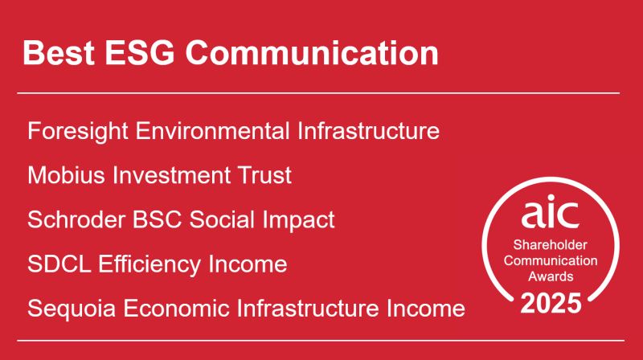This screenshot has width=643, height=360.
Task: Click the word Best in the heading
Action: pyautogui.click(x=59, y=53)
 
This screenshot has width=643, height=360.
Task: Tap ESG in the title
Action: pyautogui.click(x=140, y=53)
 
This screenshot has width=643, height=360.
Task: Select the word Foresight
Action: pyautogui.click(x=78, y=132)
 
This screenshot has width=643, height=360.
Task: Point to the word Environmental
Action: pyautogui.click(x=212, y=131)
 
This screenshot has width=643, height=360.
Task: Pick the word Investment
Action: pyautogui.click(x=171, y=175)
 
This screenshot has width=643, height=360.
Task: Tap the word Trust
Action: pyautogui.click(x=265, y=175)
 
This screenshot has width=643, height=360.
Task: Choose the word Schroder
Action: pyautogui.click(x=76, y=219)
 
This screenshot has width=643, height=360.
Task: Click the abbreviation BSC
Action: pyautogui.click(x=157, y=219)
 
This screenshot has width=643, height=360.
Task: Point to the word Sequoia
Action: pyautogui.click(x=72, y=309)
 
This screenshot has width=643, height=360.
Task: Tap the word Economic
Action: pyautogui.click(x=176, y=308)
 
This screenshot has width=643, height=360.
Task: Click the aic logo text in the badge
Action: pyautogui.click(x=550, y=211)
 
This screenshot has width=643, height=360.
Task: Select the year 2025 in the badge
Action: pyautogui.click(x=551, y=304)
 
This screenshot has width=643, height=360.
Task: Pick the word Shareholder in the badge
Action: pyautogui.click(x=551, y=245)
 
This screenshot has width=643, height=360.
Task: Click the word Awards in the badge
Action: pyautogui.click(x=551, y=276)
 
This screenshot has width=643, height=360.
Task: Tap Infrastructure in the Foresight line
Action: pyautogui.click(x=368, y=131)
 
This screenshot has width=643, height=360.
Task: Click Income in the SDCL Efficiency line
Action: pyautogui.click(x=248, y=264)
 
